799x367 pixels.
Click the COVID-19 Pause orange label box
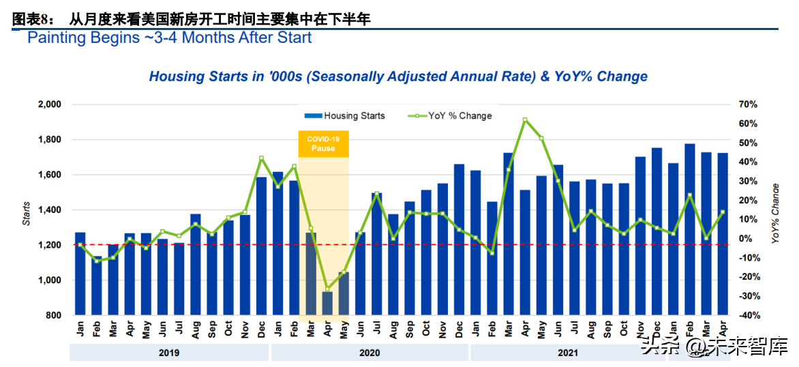tap(324, 144)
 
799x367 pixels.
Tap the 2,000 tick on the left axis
tap(49, 104)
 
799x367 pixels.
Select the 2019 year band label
tap(168, 353)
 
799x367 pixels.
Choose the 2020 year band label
tap(368, 353)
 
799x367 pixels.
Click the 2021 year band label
tap(567, 353)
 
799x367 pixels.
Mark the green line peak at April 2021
tap(525, 120)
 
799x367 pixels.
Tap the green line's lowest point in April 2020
tap(328, 289)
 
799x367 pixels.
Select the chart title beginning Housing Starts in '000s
tap(398, 76)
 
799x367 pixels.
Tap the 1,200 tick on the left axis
tap(49, 245)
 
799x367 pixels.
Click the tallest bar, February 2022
tap(690, 229)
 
